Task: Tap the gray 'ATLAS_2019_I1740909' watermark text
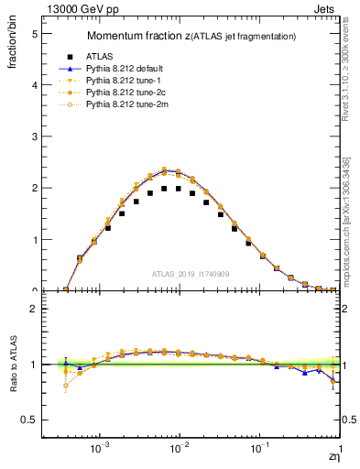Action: pyautogui.click(x=191, y=274)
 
